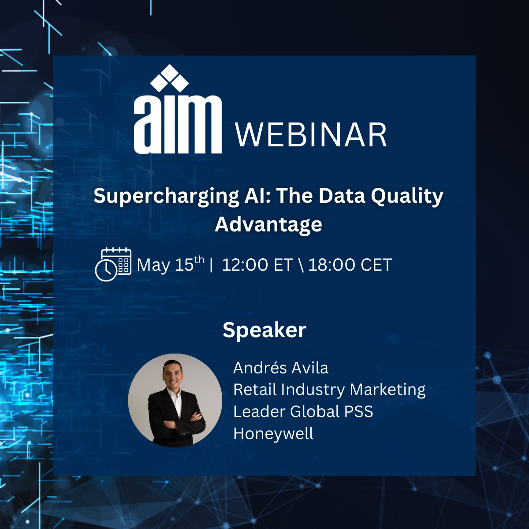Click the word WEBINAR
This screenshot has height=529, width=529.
(311, 135)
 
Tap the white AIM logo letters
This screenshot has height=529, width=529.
(178, 124)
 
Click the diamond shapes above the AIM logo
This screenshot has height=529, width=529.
(169, 78)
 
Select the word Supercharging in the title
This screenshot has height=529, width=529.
(166, 197)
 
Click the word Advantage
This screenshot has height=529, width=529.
(268, 225)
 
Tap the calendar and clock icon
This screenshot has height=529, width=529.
(113, 264)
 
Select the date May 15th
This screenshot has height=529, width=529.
(171, 264)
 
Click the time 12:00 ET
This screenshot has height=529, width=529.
(257, 265)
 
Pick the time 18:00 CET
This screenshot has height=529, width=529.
(350, 265)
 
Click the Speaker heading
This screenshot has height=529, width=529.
(264, 330)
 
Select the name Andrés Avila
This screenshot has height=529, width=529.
(280, 368)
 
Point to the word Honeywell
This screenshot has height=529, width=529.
(273, 434)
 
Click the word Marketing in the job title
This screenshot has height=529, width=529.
(387, 390)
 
